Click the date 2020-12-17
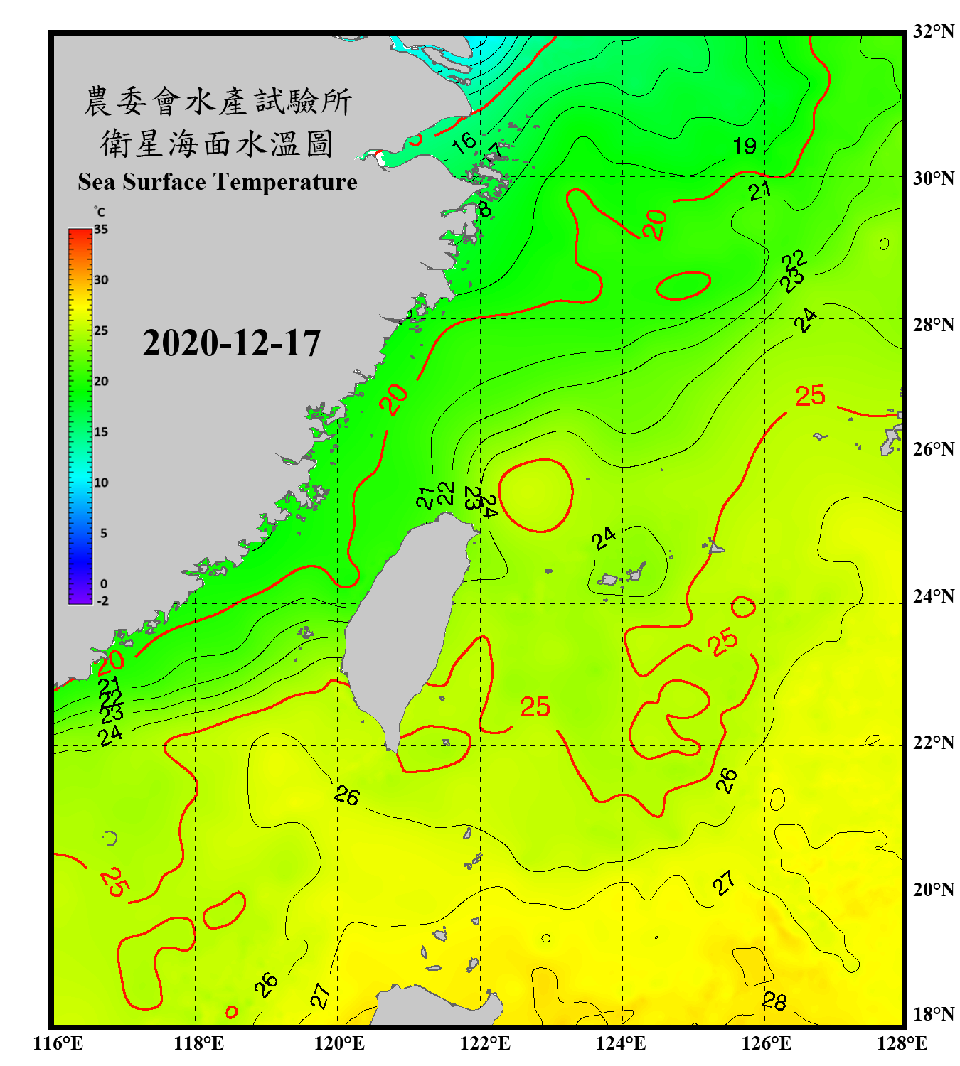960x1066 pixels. tap(231, 343)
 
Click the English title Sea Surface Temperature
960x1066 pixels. tap(217, 182)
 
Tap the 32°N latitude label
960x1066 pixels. tap(933, 31)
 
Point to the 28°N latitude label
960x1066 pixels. tap(933, 325)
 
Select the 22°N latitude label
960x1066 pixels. tap(933, 743)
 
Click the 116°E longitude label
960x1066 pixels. tap(58, 1043)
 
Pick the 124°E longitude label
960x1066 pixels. tap(621, 1043)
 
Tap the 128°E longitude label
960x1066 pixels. tap(902, 1043)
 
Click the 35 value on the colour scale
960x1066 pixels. tap(101, 230)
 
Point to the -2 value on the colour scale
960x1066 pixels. tap(102, 601)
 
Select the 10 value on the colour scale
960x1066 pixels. tap(101, 483)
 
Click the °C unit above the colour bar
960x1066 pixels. tap(100, 212)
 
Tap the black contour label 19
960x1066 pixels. tap(745, 146)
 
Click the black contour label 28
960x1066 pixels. tap(774, 1001)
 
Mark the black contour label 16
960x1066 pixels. tap(464, 141)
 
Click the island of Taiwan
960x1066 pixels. tap(405, 625)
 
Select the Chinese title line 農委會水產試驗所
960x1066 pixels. tap(217, 102)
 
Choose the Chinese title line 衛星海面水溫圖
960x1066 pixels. tap(217, 144)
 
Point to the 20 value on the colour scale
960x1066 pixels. tap(101, 382)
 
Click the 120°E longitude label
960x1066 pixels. tap(339, 1043)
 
